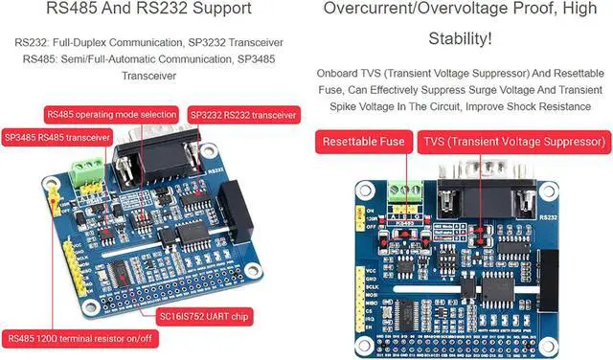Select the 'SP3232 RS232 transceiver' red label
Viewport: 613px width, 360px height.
point(243,114)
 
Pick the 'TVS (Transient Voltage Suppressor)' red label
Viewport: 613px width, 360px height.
point(512,142)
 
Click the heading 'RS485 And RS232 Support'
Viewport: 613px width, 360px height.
point(155,10)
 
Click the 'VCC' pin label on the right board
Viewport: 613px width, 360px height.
point(371,271)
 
